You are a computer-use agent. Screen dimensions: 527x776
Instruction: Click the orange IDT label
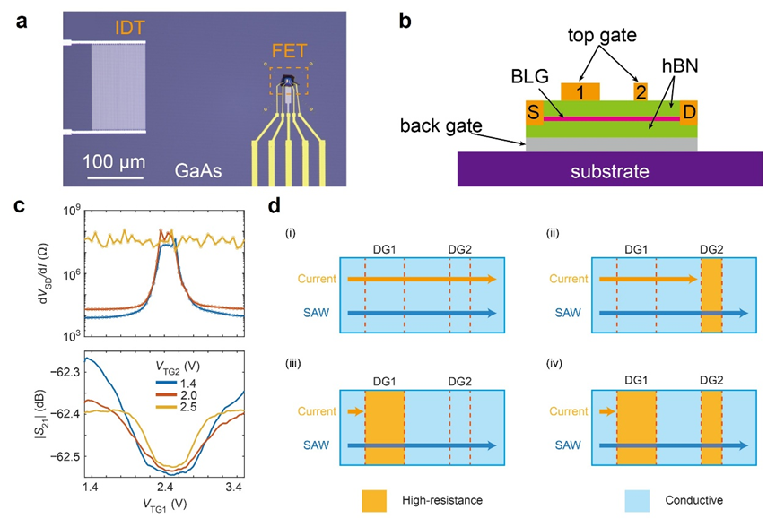[x=129, y=29]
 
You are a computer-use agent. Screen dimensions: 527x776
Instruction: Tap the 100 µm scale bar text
[x=114, y=163]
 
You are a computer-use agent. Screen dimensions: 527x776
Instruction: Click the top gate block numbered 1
[x=580, y=91]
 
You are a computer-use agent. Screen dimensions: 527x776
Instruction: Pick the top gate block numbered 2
[x=640, y=91]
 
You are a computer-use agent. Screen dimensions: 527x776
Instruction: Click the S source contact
[x=533, y=113]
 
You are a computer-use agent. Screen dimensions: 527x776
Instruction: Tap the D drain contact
[x=688, y=113]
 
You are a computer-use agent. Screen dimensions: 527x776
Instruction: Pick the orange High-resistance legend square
[x=376, y=501]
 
